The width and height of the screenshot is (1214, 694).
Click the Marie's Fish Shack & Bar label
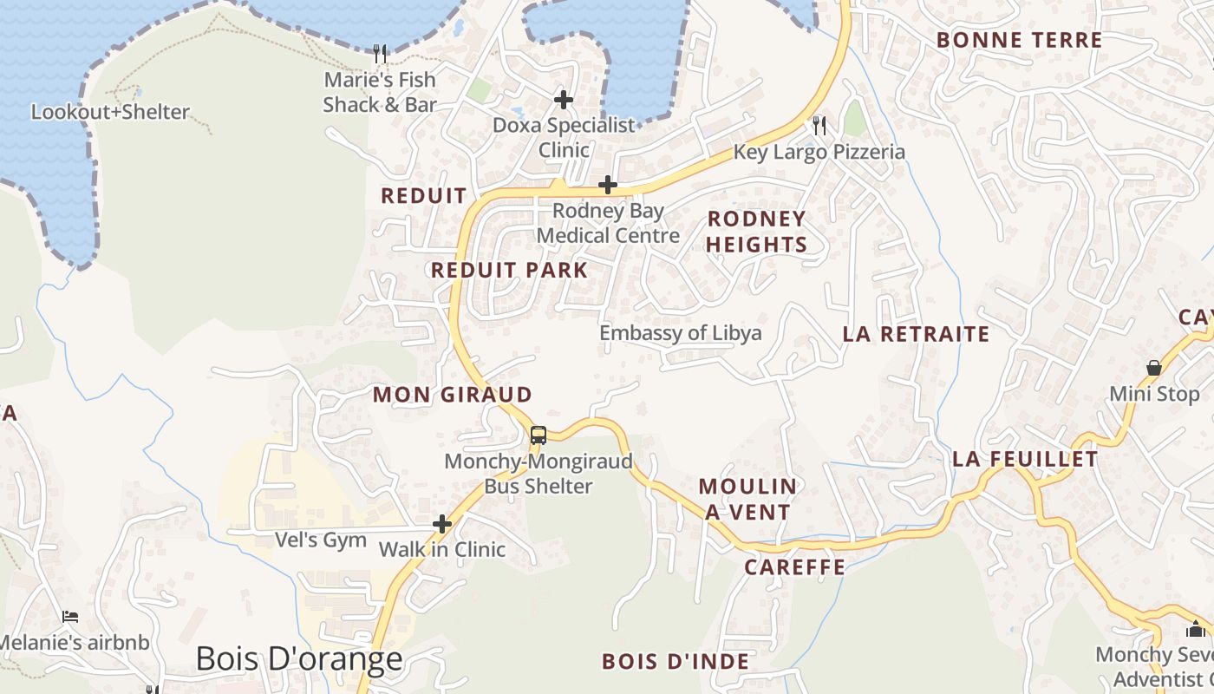380,92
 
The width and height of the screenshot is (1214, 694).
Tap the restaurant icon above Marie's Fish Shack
380,54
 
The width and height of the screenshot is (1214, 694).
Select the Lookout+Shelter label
110,112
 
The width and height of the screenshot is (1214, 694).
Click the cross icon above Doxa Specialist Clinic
564,100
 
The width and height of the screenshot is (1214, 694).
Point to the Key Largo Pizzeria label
819,152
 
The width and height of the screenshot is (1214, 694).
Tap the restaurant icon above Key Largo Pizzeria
819,127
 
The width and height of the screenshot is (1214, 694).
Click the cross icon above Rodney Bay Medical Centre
608,185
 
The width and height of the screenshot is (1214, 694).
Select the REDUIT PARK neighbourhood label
509,270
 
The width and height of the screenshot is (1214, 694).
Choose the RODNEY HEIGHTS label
756,232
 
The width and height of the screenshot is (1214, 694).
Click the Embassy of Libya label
681,333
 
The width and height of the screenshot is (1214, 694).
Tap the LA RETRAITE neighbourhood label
916,334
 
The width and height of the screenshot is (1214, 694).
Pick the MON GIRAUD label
452,395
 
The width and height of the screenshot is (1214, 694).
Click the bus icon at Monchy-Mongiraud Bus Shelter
538,435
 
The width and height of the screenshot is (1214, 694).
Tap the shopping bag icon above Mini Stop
1154,369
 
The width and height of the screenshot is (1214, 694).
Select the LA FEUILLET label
1025,459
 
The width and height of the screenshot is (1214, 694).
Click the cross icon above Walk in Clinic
442,524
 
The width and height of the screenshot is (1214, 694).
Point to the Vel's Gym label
321,540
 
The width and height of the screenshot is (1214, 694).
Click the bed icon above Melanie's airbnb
70,617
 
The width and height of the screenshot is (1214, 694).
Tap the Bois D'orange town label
299,659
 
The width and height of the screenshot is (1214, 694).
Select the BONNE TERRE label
1019,40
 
